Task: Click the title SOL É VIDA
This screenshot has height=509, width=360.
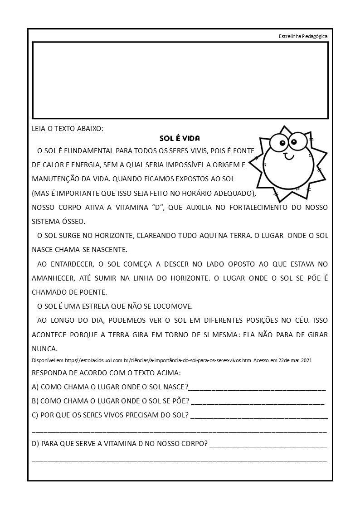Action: (x=180, y=138)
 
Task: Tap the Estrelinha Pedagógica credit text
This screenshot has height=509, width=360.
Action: (x=303, y=37)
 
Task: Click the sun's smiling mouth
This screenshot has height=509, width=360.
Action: (x=289, y=157)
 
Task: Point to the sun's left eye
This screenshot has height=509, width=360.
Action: (x=278, y=143)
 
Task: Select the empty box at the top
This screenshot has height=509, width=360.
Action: (x=180, y=80)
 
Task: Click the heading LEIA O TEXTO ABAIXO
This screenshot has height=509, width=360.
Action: (x=68, y=129)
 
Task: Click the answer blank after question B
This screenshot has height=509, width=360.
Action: (x=258, y=402)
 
